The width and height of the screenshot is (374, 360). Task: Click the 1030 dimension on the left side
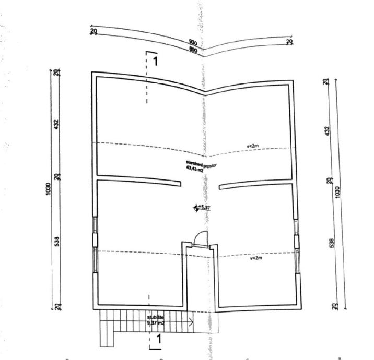coord(48,188)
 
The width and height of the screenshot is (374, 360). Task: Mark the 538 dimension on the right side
coord(331,243)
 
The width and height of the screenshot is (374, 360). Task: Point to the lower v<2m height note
coord(256,258)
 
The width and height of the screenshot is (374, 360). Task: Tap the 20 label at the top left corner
coord(93,31)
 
